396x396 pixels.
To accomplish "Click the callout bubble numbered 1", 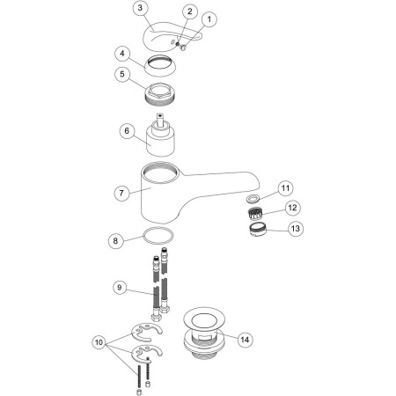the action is pyautogui.click(x=209, y=19).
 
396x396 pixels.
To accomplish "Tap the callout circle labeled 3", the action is pyautogui.click(x=140, y=8).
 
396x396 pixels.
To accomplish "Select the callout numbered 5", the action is pyautogui.click(x=122, y=74).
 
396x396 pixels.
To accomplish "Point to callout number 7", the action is pyautogui.click(x=121, y=193).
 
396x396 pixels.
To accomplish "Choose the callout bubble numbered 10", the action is pyautogui.click(x=99, y=342).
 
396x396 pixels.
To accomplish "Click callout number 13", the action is pyautogui.click(x=296, y=228).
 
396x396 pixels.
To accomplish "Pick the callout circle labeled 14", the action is pyautogui.click(x=245, y=340).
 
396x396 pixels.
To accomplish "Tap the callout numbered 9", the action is pyautogui.click(x=119, y=287).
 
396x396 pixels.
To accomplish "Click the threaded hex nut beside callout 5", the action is pyautogui.click(x=160, y=93).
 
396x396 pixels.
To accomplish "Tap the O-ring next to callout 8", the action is pyautogui.click(x=158, y=229).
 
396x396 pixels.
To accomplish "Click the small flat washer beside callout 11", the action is pyautogui.click(x=253, y=199).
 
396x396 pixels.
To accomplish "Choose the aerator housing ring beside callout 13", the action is pyautogui.click(x=257, y=229).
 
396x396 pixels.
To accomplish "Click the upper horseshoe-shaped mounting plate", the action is pyautogui.click(x=147, y=332).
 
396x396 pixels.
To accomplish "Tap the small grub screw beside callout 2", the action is pyautogui.click(x=178, y=44).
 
